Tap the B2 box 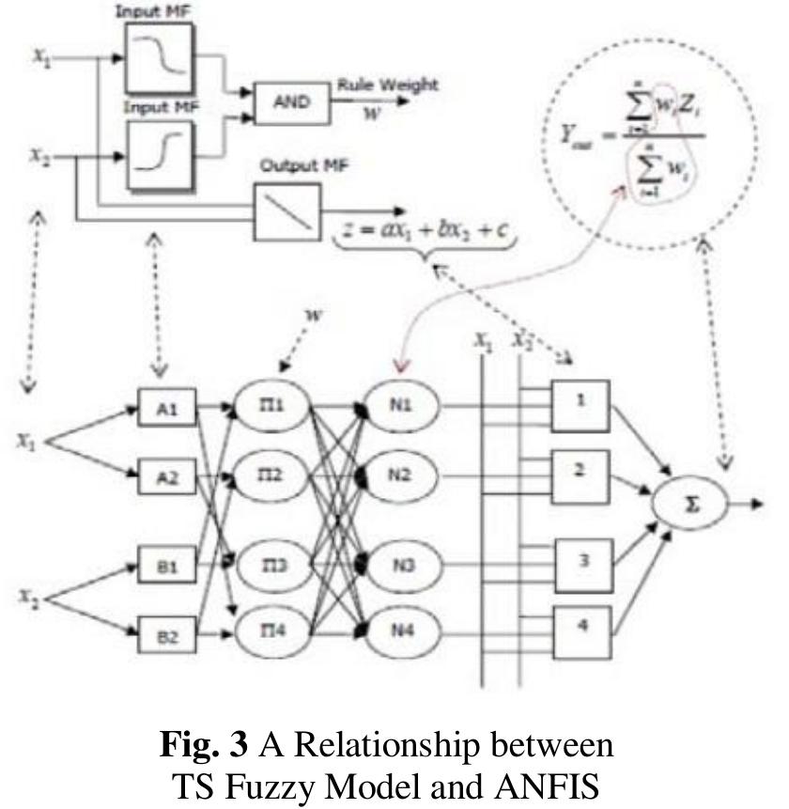(168, 636)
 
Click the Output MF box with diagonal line (286, 212)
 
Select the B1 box (168, 569)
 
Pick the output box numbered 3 (581, 562)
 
